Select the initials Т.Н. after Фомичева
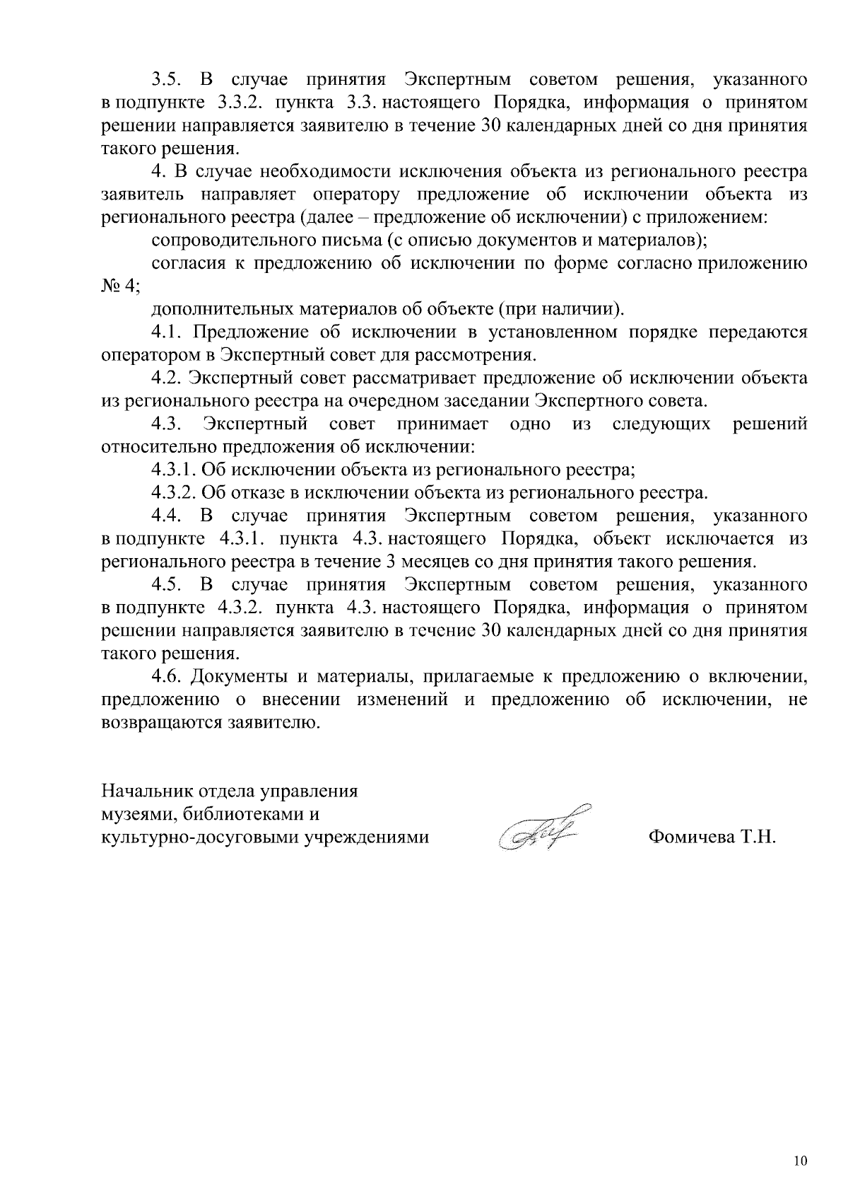tap(758, 837)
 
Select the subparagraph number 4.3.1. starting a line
tap(174, 470)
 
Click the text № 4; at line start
tap(120, 286)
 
